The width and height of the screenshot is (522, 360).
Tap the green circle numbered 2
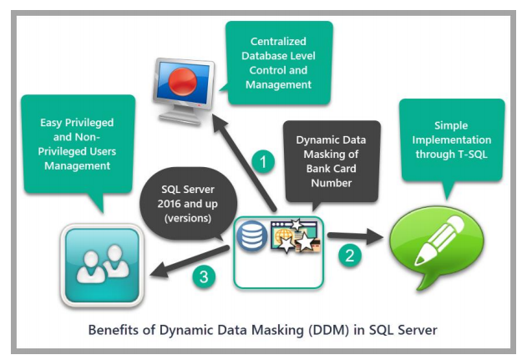click(x=352, y=256)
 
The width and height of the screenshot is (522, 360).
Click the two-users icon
click(x=102, y=264)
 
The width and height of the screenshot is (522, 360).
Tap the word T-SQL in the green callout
click(x=476, y=156)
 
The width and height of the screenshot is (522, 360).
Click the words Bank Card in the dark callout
click(x=331, y=169)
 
